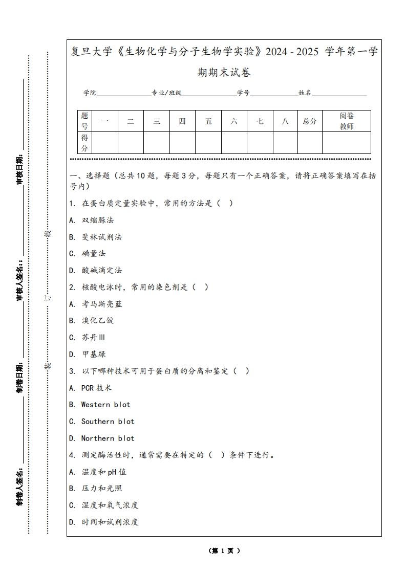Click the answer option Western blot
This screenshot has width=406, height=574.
click(105, 405)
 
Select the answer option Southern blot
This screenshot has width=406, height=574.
click(108, 422)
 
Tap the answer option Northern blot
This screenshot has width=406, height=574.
click(108, 438)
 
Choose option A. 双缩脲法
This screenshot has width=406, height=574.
click(97, 220)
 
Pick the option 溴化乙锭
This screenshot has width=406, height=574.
click(98, 321)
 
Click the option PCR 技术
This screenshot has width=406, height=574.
click(96, 388)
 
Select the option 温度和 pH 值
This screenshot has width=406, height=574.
click(104, 472)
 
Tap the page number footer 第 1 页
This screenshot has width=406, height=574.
click(224, 551)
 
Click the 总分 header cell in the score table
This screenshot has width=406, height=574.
click(310, 121)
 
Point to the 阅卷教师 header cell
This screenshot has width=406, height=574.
click(347, 121)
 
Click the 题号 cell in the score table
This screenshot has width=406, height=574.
click(84, 121)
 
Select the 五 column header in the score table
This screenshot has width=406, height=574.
click(208, 121)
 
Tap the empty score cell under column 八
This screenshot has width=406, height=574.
click(285, 143)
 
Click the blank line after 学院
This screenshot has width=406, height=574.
click(123, 94)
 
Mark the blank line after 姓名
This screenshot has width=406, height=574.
click(339, 94)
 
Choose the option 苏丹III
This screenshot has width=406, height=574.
click(94, 338)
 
